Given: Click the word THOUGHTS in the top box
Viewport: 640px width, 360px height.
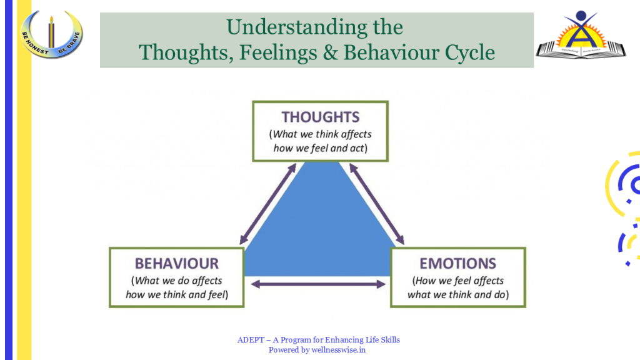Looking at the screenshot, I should pyautogui.click(x=320, y=117).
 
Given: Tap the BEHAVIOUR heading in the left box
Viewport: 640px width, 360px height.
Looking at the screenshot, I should pyautogui.click(x=177, y=263).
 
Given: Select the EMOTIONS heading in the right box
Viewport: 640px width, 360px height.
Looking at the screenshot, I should pyautogui.click(x=457, y=263).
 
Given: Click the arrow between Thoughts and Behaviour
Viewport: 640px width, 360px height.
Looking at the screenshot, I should pyautogui.click(x=267, y=204).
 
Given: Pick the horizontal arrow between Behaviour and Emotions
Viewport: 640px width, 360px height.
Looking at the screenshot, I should pyautogui.click(x=318, y=284).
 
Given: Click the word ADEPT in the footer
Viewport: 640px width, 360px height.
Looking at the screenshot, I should pyautogui.click(x=248, y=340).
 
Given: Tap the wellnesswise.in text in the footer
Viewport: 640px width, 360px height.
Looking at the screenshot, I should pyautogui.click(x=341, y=350).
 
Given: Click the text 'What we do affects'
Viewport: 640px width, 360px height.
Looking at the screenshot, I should pyautogui.click(x=177, y=281).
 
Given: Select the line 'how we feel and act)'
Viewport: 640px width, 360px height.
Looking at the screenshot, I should pyautogui.click(x=320, y=149).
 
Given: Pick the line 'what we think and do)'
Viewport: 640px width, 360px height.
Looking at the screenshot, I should pyautogui.click(x=457, y=294).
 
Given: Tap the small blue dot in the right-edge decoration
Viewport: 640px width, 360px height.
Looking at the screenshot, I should pyautogui.click(x=627, y=264).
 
